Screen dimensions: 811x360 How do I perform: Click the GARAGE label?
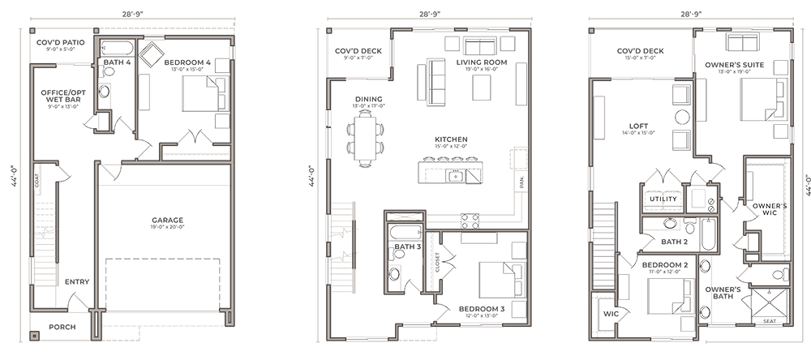[x=167, y=220]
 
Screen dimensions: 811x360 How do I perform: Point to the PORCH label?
[x=62, y=327]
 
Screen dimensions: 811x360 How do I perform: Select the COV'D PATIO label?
[x=55, y=42]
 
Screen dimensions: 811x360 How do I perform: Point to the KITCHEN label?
[x=451, y=139]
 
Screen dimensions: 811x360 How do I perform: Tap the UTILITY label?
[x=657, y=198]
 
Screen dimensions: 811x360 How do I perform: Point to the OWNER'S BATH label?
[x=722, y=293]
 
